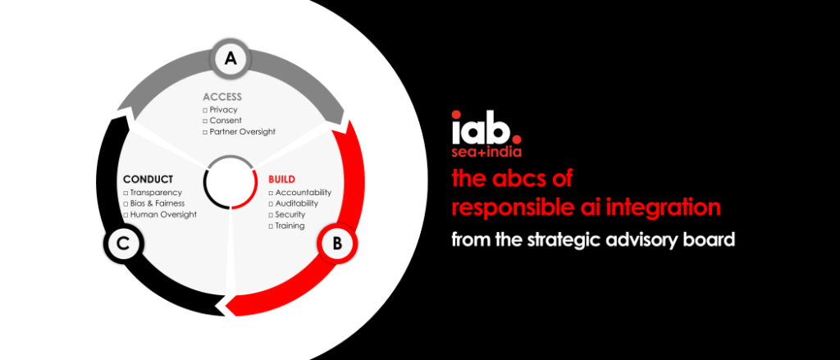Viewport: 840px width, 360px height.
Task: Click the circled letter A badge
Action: coord(231,59)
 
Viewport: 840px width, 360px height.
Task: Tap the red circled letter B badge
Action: coord(336,244)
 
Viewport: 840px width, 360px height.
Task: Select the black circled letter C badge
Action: coord(123,244)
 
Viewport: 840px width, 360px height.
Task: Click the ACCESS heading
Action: coord(222,97)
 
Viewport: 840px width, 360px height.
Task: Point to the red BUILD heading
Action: coord(282,179)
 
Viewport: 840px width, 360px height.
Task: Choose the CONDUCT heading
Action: coord(148,179)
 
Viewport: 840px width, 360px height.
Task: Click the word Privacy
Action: coord(223,110)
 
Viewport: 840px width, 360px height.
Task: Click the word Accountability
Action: coord(304,193)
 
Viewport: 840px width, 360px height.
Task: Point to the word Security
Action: coord(290,215)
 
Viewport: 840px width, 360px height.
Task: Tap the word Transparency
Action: coord(156,193)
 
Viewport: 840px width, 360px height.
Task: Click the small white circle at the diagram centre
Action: coord(230,181)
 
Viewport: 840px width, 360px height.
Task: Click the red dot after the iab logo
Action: coord(516,130)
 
